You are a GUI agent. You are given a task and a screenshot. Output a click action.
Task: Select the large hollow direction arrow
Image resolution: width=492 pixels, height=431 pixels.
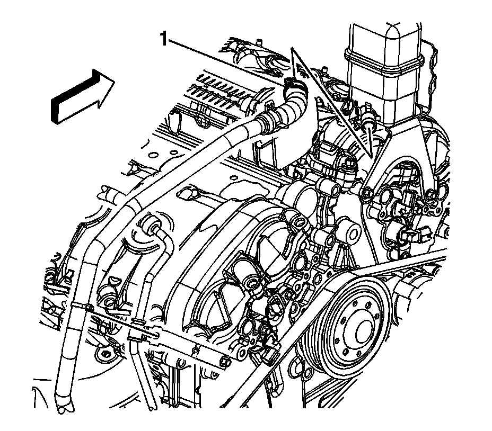coord(82,96)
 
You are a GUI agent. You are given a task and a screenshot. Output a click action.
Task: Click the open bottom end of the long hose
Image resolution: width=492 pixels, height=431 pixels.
coord(64,407)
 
